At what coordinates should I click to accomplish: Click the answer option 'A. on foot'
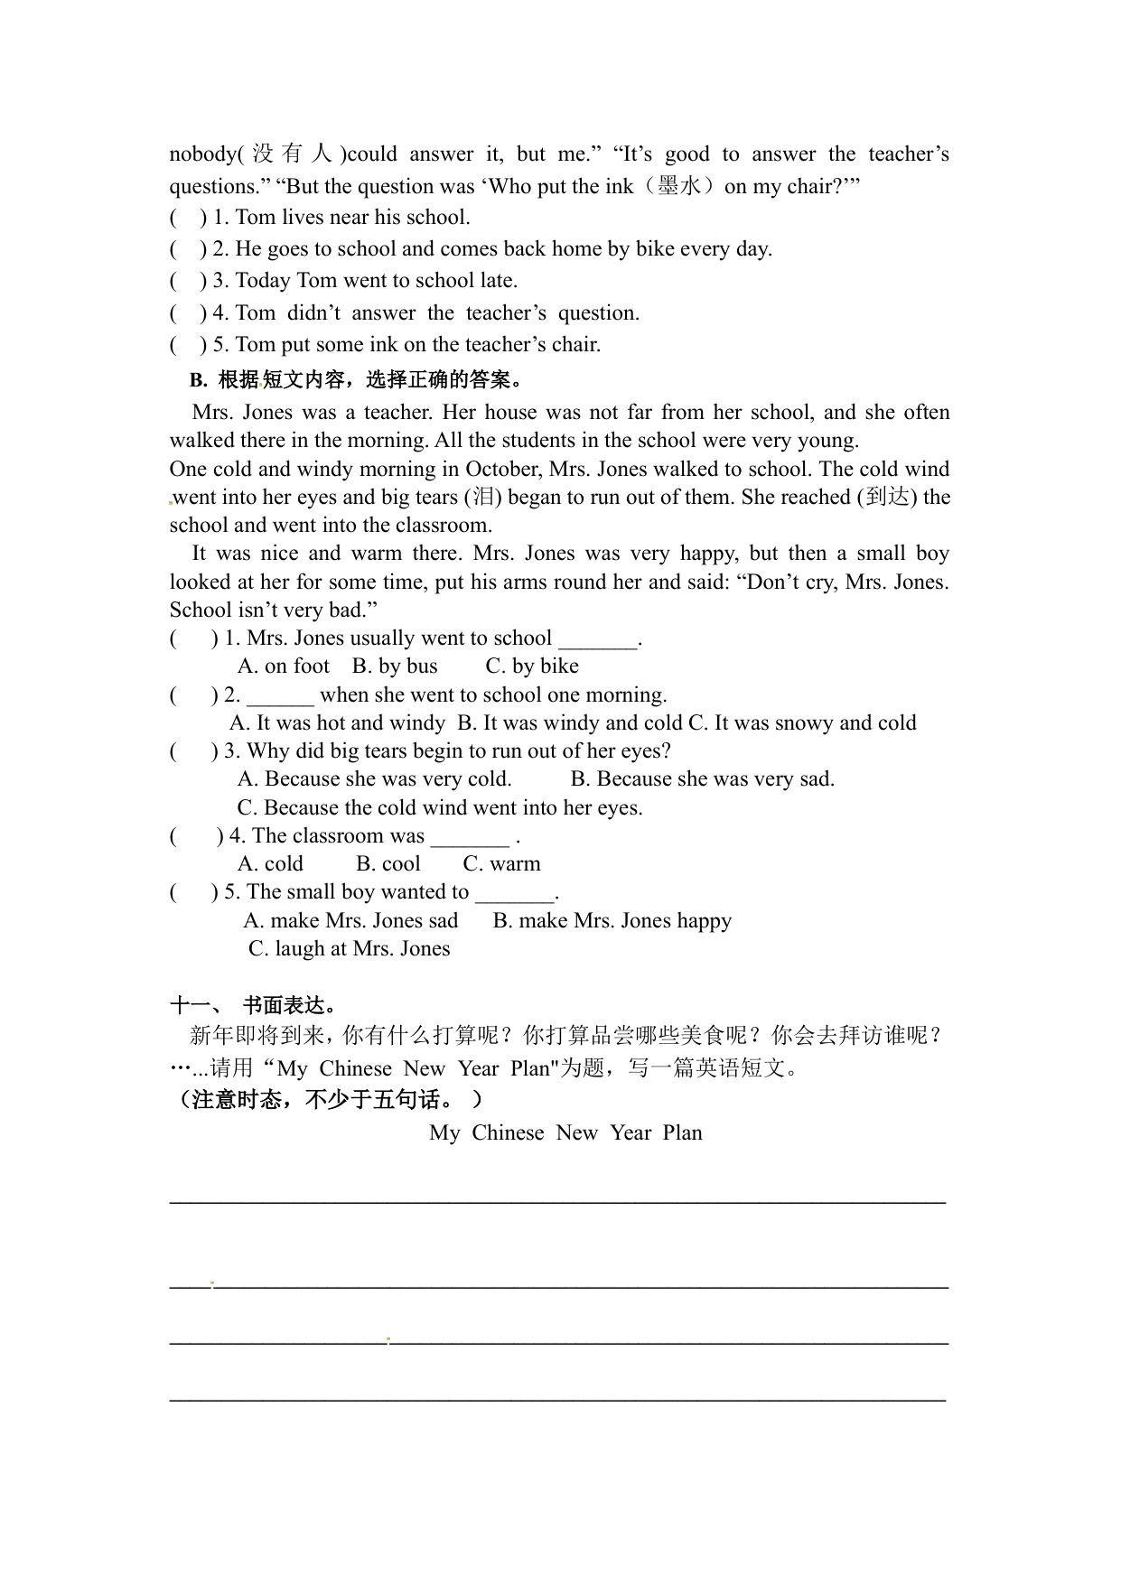[284, 666]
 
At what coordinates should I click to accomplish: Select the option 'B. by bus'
[395, 666]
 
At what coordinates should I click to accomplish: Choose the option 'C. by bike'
[532, 666]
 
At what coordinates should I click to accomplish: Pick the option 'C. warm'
[501, 864]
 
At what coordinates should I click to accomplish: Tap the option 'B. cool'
[388, 864]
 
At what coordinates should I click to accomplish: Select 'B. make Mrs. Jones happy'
[612, 921]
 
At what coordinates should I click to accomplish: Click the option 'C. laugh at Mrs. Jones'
[349, 949]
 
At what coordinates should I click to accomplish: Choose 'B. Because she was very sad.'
[703, 779]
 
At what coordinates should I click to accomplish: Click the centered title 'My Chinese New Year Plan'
[565, 1133]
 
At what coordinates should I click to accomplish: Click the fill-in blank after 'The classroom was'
[470, 837]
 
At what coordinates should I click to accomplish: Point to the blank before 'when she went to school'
[280, 696]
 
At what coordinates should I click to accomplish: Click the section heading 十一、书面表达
[254, 1006]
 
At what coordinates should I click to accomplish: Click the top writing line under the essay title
[557, 1200]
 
